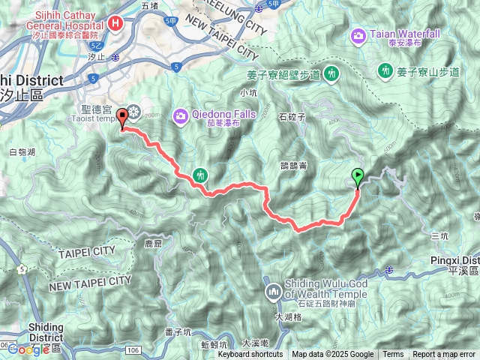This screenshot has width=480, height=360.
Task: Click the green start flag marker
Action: pyautogui.click(x=358, y=177)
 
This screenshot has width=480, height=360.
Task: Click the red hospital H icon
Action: pyautogui.click(x=115, y=22)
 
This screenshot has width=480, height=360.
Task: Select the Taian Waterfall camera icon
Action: pyautogui.click(x=358, y=34)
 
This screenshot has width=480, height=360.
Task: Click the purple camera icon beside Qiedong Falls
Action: pyautogui.click(x=180, y=115)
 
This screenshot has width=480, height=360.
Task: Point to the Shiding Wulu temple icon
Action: pyautogui.click(x=272, y=289)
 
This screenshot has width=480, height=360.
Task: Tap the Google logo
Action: pyautogui.click(x=28, y=349)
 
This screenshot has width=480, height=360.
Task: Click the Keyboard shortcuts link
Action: pyautogui.click(x=250, y=355)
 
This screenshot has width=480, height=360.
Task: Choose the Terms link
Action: pyautogui.click(x=393, y=355)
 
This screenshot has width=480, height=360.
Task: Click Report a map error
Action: pyautogui.click(x=444, y=355)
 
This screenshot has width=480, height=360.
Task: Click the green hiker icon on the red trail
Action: pyautogui.click(x=199, y=175)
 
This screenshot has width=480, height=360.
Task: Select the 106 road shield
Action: pyautogui.click(x=133, y=349)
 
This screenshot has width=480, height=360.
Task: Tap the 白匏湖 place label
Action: pyautogui.click(x=23, y=151)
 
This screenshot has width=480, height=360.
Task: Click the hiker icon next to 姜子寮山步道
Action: pyautogui.click(x=385, y=70)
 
